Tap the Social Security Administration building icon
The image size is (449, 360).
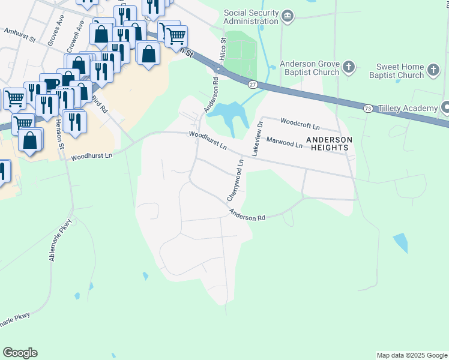tap(288, 16)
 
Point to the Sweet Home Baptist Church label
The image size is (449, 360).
tap(400, 71)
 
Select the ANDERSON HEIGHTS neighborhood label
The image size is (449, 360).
tap(328, 143)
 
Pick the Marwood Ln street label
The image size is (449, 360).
tap(285, 143)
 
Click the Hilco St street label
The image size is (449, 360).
tap(223, 49)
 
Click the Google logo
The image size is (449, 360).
tap(20, 353)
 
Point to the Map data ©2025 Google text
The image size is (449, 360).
tap(411, 355)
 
